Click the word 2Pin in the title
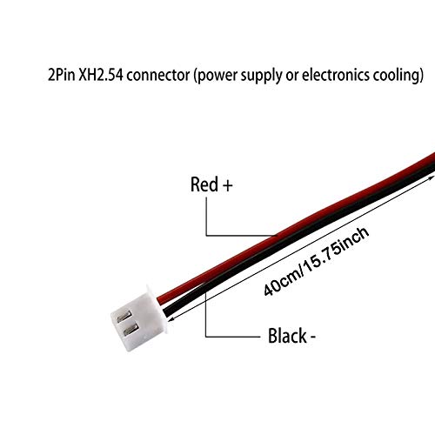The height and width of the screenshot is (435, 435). [62, 75]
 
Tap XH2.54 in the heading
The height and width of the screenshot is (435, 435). [101, 75]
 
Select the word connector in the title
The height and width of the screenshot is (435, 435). [158, 75]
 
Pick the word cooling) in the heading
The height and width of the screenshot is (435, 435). [398, 77]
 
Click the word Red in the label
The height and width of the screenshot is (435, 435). [204, 184]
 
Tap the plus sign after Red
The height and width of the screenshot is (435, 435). [228, 185]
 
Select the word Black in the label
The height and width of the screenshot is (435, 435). [287, 336]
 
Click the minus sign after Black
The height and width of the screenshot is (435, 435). [313, 338]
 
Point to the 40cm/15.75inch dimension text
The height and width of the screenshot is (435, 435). [317, 262]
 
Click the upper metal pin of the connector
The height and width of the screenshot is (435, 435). [124, 317]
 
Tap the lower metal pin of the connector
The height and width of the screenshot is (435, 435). [130, 330]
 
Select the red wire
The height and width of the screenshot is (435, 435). [296, 229]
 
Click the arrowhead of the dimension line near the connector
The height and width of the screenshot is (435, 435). [171, 319]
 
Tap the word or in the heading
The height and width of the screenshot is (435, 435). [292, 77]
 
